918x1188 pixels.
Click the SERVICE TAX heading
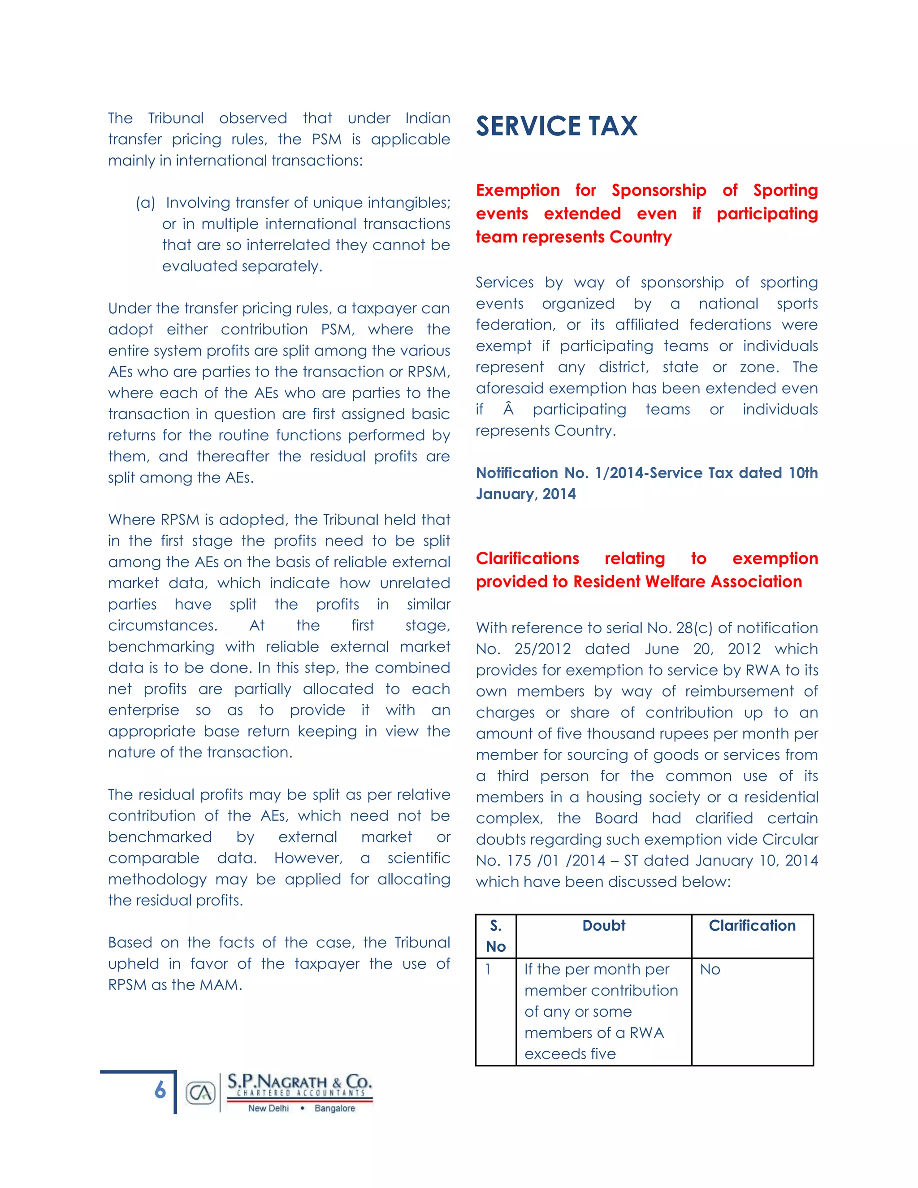[556, 126]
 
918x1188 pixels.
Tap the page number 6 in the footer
[160, 1089]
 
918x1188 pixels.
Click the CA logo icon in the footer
[201, 1092]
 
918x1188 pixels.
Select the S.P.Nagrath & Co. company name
[299, 1081]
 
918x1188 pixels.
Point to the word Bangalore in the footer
[334, 1108]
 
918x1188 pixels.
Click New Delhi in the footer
[268, 1108]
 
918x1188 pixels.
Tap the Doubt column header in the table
[604, 925]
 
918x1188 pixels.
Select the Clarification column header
[752, 925]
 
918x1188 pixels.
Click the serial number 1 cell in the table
[489, 969]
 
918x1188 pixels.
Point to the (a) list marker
[145, 203]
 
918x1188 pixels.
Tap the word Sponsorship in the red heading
[658, 191]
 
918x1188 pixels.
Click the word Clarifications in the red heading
[527, 559]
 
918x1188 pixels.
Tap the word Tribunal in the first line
[176, 118]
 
